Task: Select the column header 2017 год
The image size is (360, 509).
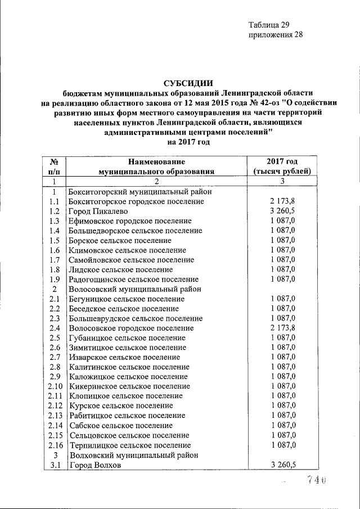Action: (x=282, y=161)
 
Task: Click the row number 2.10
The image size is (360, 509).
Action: (x=55, y=386)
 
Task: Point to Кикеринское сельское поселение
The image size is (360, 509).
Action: (x=129, y=386)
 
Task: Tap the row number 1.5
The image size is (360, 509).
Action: (x=55, y=240)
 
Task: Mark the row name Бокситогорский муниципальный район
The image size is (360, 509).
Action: (x=139, y=192)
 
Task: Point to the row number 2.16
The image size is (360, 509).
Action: (x=55, y=445)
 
